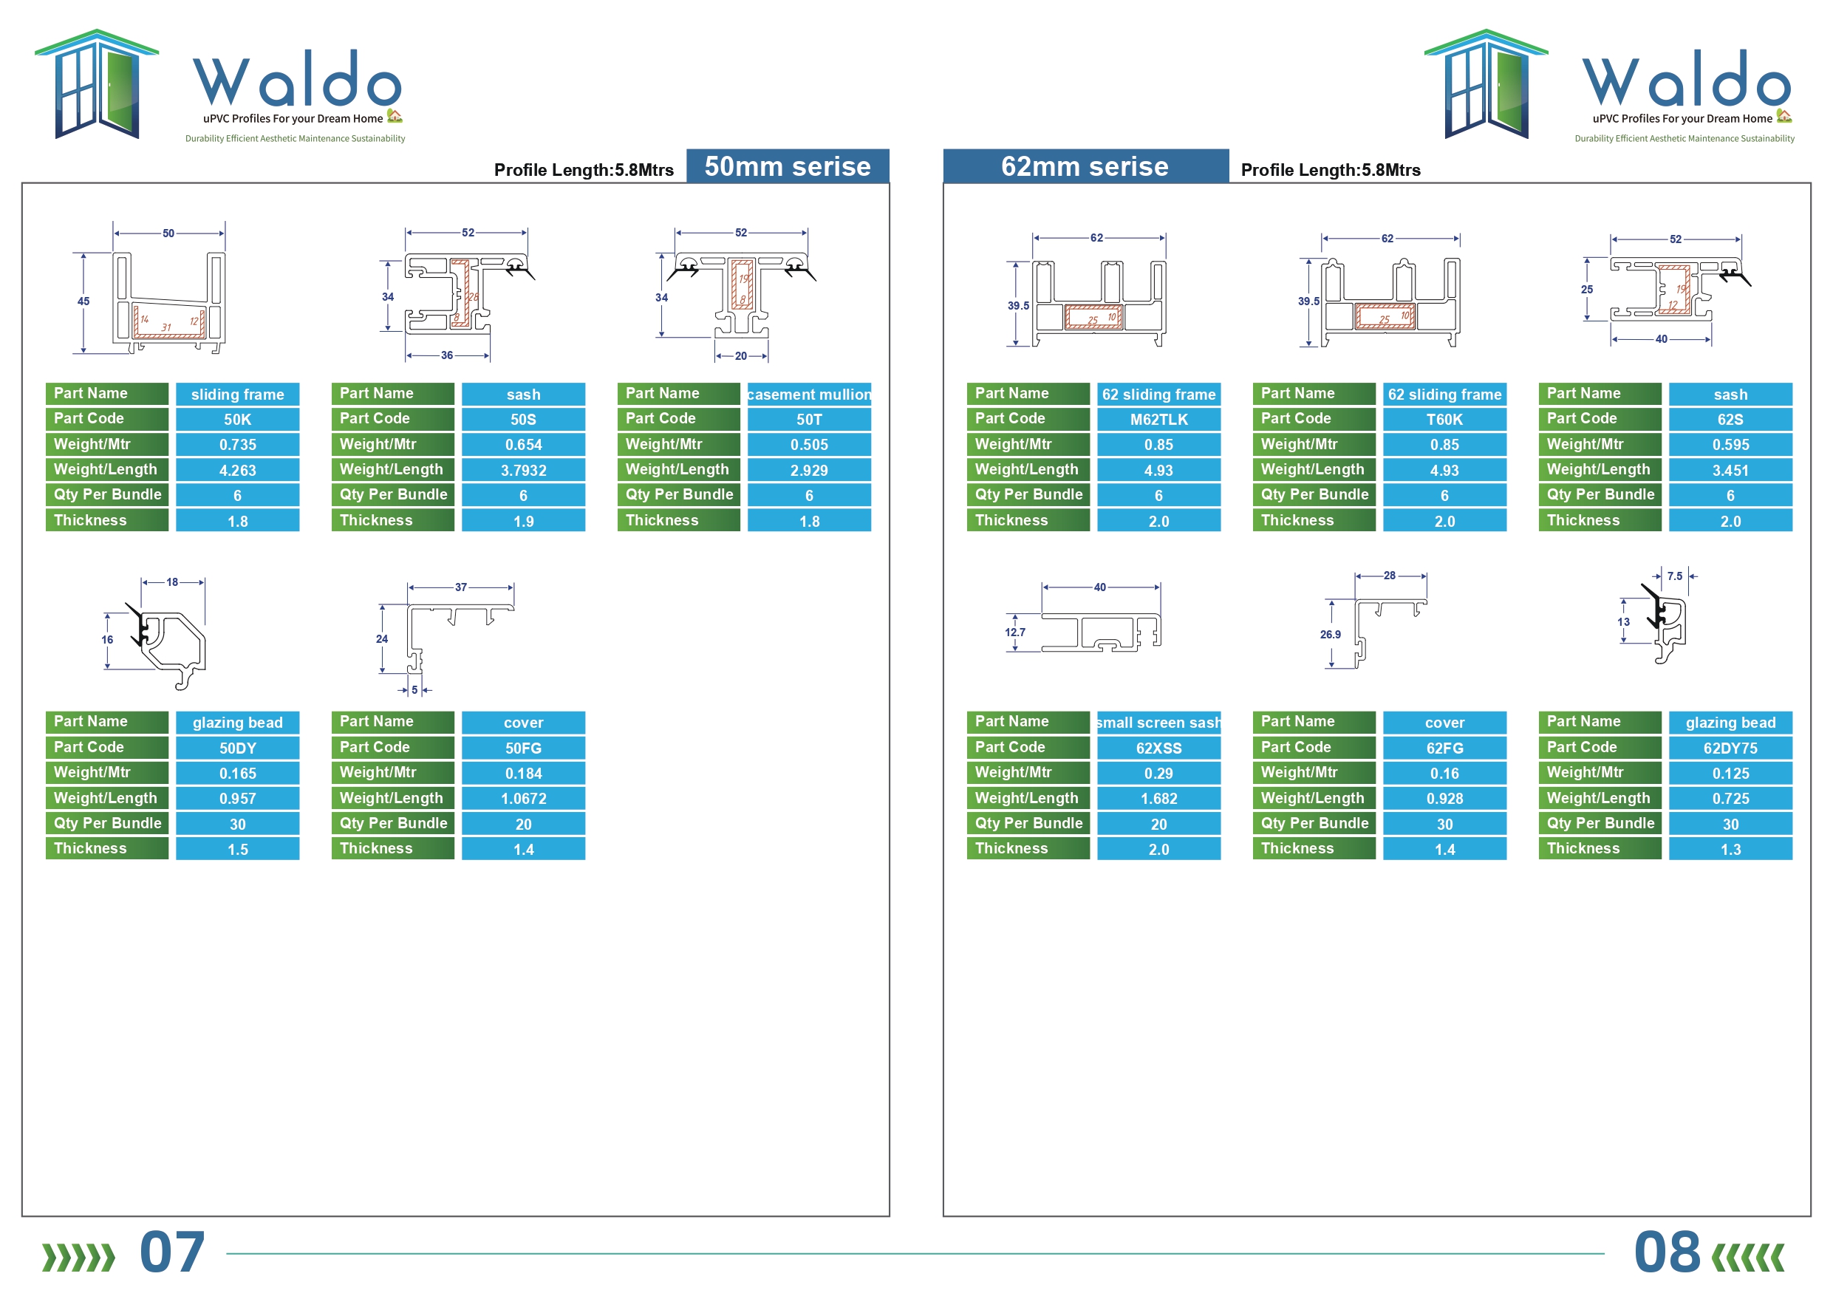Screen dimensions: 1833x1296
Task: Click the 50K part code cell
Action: (x=237, y=419)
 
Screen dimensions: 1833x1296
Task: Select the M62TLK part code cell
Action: (x=1158, y=419)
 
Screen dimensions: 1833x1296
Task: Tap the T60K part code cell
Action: (x=1444, y=419)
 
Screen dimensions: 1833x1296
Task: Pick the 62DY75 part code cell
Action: (x=1730, y=748)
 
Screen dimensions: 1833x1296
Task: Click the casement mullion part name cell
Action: (x=809, y=395)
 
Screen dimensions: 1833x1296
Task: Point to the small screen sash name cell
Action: (x=1158, y=723)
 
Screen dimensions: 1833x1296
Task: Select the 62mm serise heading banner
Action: (x=1086, y=166)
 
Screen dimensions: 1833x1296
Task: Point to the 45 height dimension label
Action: (x=83, y=301)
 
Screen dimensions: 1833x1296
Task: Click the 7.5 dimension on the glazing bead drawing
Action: (x=1675, y=576)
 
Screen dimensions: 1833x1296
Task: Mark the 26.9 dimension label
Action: (x=1330, y=634)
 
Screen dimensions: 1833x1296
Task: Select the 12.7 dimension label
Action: (x=1014, y=632)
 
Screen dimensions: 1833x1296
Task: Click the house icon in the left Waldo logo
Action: (x=395, y=116)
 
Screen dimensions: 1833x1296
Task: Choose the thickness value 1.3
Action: (x=1730, y=850)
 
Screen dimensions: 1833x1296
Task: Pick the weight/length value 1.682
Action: (x=1158, y=799)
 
